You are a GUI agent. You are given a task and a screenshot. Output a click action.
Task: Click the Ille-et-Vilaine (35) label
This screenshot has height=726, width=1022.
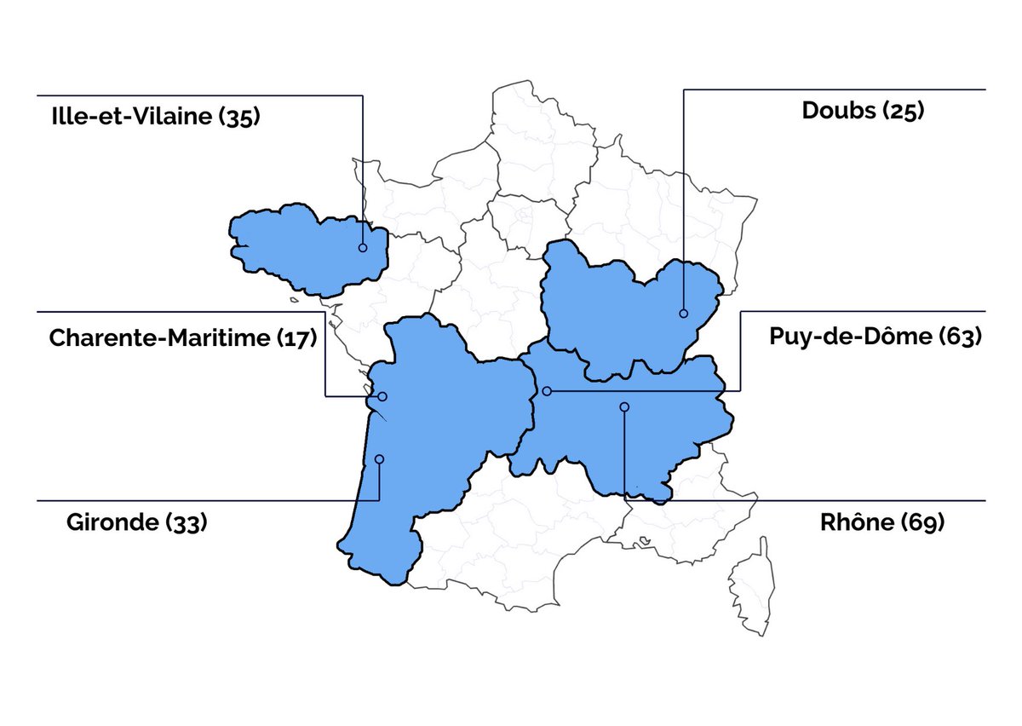(155, 116)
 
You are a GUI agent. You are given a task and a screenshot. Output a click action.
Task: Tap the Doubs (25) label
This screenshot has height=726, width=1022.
(863, 111)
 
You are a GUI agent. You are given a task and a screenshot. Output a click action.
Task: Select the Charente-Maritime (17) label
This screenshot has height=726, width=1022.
(183, 338)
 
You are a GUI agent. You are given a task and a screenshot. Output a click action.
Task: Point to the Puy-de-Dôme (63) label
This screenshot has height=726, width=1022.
(876, 337)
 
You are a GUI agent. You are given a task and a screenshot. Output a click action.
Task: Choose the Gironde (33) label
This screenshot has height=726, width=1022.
(137, 522)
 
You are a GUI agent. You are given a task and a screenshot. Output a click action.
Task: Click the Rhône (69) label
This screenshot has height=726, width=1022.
(882, 522)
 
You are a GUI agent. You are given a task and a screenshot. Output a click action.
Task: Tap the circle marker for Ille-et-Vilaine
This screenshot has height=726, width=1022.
(363, 248)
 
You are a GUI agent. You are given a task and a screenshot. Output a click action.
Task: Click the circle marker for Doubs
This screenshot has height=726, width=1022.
(683, 314)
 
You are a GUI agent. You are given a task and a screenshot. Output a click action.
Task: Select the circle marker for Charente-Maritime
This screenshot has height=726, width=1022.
(382, 396)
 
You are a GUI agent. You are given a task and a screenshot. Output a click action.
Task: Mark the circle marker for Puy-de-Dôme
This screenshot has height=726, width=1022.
(547, 391)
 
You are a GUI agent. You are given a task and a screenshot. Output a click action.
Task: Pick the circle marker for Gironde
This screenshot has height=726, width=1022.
(379, 459)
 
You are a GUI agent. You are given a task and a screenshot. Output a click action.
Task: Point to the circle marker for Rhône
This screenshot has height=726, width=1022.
(624, 407)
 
